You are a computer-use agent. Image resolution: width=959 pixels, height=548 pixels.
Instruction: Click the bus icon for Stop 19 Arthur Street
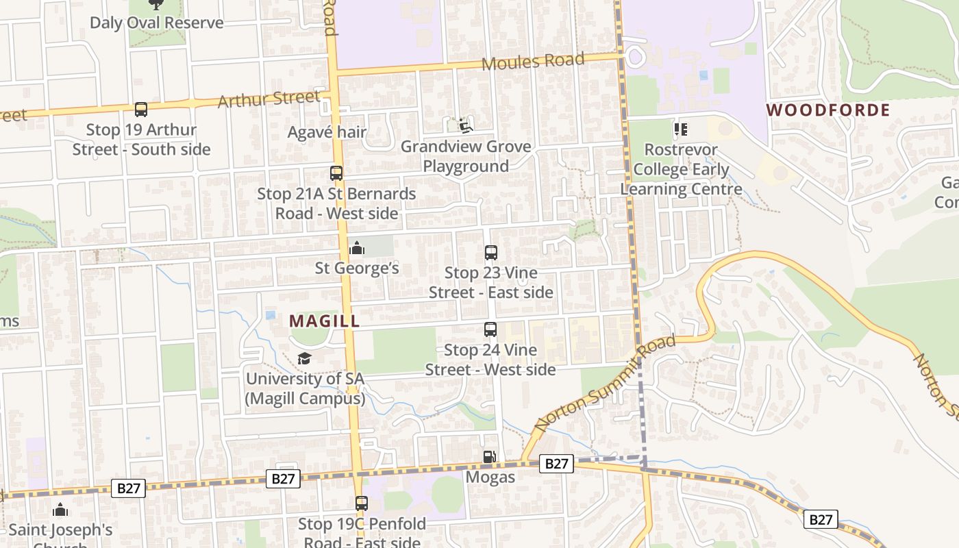tap(141, 109)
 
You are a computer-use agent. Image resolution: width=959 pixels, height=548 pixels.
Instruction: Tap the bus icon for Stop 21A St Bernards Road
tap(336, 173)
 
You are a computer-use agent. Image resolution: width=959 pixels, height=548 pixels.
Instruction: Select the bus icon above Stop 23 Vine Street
tap(490, 252)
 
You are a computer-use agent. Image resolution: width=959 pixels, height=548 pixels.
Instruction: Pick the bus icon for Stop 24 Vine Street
tap(490, 329)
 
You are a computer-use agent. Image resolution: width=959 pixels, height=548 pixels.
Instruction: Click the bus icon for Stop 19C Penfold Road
tap(362, 503)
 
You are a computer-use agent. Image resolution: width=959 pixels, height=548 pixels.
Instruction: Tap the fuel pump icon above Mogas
tap(490, 457)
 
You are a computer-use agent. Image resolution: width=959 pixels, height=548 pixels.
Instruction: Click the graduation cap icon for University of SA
tap(304, 358)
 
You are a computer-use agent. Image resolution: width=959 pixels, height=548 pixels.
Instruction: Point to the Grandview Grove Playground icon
tap(466, 126)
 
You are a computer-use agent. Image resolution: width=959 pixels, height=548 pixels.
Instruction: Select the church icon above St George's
tap(356, 248)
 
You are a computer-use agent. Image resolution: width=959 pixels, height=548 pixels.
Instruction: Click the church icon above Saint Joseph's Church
tap(60, 510)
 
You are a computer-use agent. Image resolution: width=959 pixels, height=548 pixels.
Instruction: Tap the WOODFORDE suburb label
tap(827, 110)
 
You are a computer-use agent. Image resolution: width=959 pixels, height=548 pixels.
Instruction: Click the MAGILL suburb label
tap(324, 321)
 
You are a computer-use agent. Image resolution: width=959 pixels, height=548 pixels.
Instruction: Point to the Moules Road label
tap(533, 62)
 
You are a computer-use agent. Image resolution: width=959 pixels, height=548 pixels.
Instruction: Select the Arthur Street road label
tap(269, 99)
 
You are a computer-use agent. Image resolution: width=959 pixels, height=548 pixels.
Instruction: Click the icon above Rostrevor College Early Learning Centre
tap(680, 129)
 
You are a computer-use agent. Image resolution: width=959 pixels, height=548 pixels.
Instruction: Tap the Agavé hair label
tap(327, 132)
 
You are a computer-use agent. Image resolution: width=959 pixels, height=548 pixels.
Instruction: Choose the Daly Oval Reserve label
tap(157, 23)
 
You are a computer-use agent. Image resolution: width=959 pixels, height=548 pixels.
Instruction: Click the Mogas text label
tap(490, 477)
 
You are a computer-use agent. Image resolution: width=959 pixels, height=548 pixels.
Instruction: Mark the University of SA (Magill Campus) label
tap(305, 388)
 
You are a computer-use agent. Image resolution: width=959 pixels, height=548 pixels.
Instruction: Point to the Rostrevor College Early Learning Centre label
tap(681, 169)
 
